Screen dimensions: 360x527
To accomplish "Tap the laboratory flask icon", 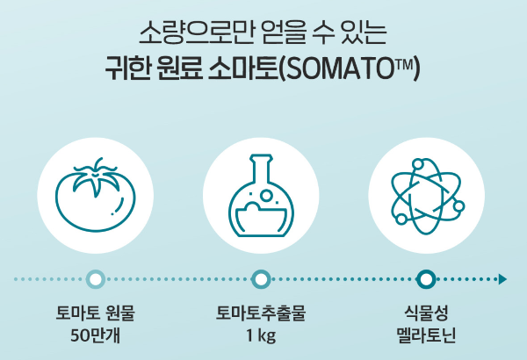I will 261,199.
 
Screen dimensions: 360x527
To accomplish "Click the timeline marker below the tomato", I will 97,279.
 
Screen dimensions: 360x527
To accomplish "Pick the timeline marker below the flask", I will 261,279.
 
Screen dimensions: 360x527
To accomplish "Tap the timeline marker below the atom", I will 426,279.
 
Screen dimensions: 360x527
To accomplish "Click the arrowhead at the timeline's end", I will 502,279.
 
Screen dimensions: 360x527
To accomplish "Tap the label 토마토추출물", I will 261,313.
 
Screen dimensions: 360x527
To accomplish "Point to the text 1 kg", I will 261,335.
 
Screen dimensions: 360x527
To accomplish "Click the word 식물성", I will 426,313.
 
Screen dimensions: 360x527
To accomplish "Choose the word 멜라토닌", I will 426,335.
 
